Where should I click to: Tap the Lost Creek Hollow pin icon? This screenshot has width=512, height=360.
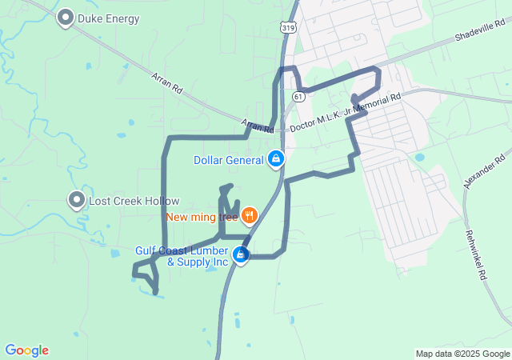[77, 200]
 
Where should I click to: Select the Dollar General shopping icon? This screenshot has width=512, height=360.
[276, 158]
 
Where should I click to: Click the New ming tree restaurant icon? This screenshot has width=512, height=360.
[250, 214]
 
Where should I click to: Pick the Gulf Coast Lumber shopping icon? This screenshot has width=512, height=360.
[240, 254]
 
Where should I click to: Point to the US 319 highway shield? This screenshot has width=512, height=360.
[288, 27]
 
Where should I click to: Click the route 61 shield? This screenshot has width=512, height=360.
[298, 96]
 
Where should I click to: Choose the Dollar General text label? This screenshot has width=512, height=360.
[229, 160]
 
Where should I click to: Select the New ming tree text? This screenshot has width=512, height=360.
[203, 216]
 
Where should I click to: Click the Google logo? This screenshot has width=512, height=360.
[26, 350]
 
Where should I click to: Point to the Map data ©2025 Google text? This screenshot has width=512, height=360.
[462, 354]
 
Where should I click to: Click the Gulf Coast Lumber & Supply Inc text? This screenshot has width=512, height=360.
[182, 256]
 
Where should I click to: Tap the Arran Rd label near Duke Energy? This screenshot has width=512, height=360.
[167, 84]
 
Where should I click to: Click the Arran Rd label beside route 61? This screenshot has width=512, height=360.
[258, 125]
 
